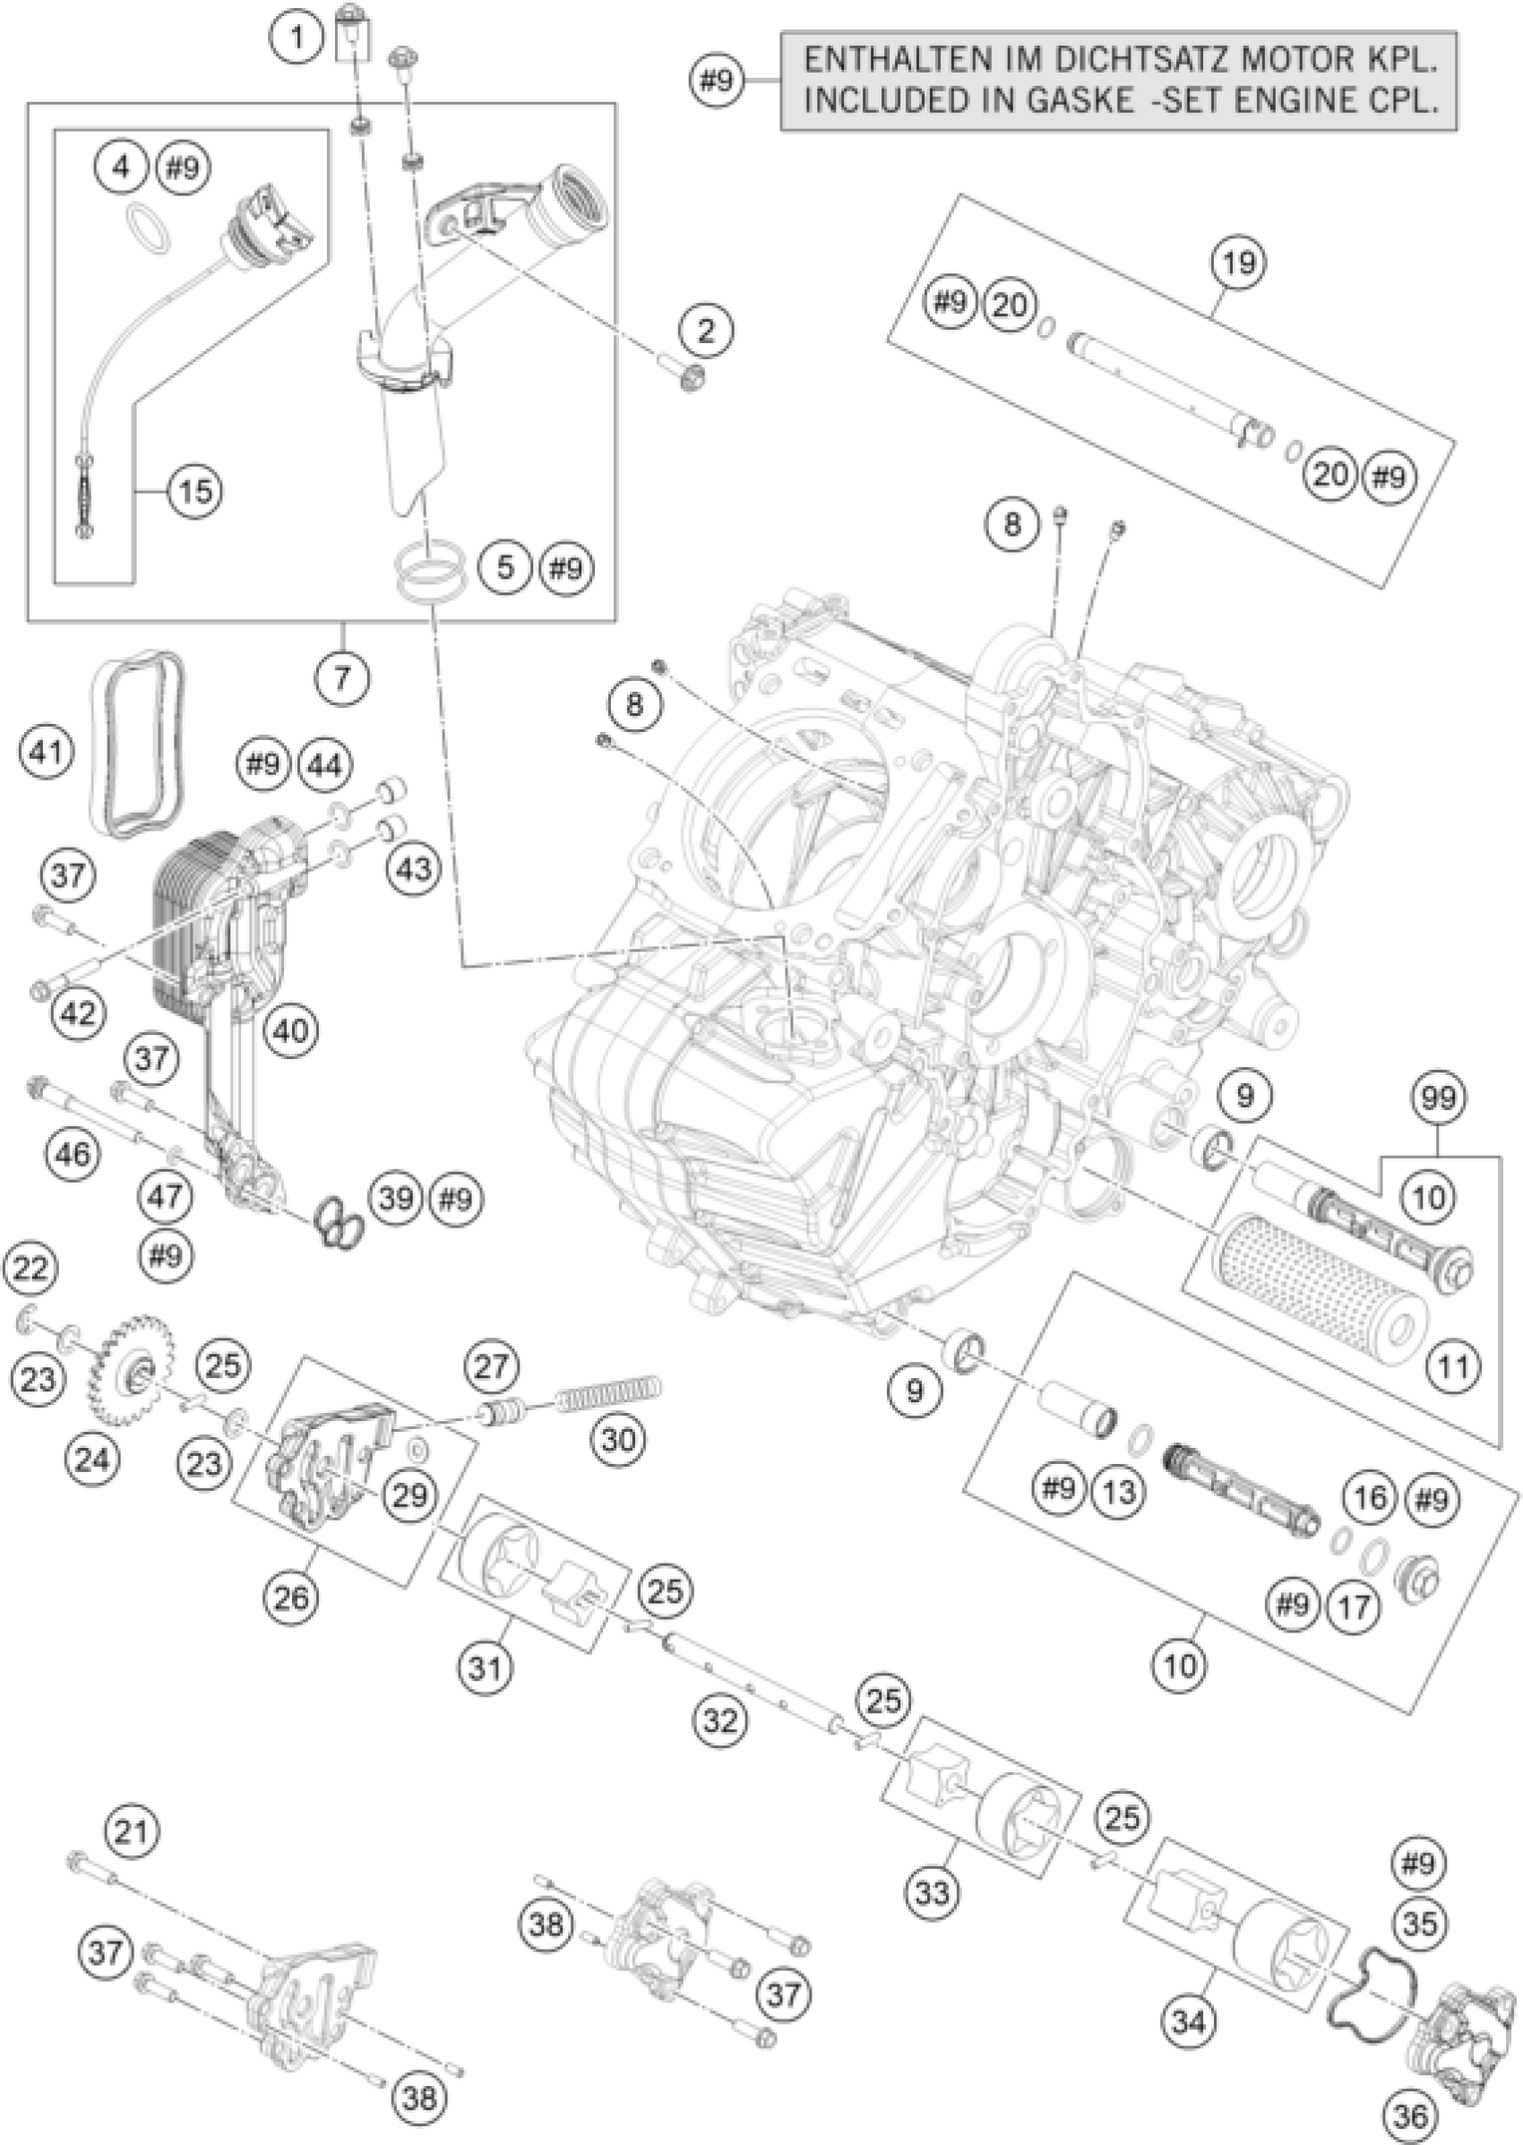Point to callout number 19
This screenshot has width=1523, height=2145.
coord(1238,262)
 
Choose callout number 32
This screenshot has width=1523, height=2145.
coord(722,1720)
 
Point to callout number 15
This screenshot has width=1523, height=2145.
coord(195,490)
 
